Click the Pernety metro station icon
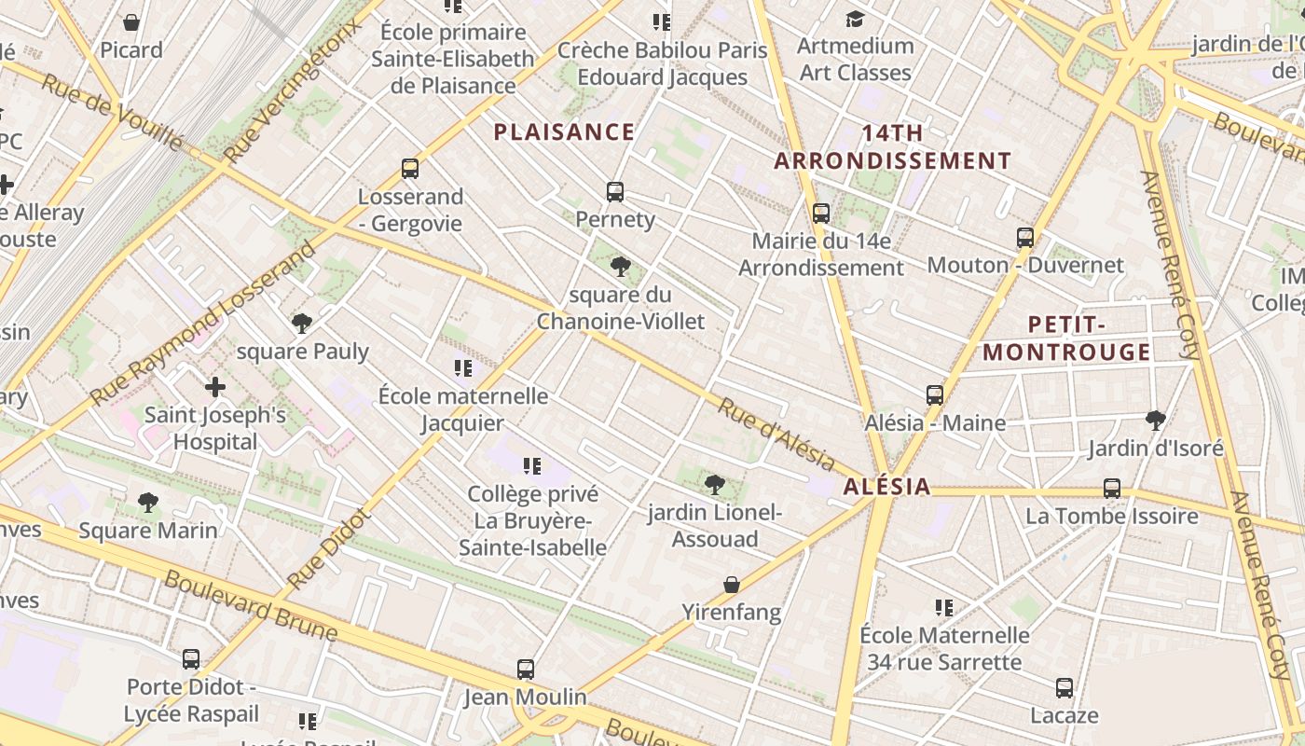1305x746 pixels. click(615, 192)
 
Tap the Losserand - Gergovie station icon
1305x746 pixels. click(410, 169)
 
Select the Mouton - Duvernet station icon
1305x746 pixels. click(1025, 238)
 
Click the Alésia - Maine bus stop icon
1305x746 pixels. click(935, 395)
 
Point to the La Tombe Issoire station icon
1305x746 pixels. click(1112, 489)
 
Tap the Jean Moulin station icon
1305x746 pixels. click(526, 670)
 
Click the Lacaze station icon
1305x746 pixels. click(1065, 689)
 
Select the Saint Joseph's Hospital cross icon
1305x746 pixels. click(215, 386)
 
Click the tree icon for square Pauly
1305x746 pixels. click(302, 324)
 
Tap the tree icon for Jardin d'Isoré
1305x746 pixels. click(1156, 421)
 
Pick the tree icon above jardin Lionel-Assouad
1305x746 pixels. click(715, 484)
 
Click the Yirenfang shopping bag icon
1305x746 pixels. click(732, 586)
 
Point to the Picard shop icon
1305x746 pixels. click(131, 22)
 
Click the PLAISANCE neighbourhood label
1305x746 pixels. click(564, 132)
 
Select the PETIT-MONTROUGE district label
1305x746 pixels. click(1066, 338)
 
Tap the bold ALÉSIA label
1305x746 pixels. click(886, 487)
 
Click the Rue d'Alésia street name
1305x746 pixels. click(776, 434)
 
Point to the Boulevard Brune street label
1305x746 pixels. click(251, 605)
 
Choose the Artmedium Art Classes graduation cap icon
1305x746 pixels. click(855, 19)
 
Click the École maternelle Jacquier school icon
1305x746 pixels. click(463, 368)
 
